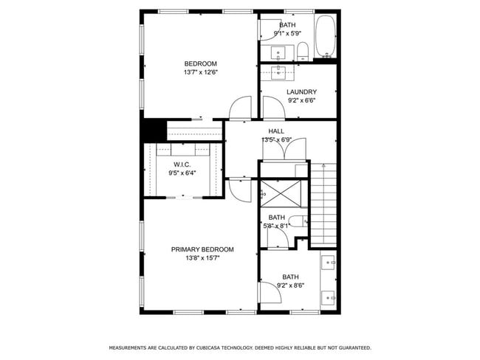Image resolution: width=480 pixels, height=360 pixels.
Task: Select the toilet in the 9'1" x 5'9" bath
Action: pos(302,51)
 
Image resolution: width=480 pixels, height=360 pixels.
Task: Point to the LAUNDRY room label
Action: pos(301,92)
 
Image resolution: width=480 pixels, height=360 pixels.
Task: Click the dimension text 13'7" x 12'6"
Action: pos(201,72)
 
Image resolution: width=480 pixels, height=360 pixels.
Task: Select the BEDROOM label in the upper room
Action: pos(201,63)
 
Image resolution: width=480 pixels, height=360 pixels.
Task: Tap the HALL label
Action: pos(276,131)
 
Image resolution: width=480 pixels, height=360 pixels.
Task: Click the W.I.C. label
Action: pos(182,165)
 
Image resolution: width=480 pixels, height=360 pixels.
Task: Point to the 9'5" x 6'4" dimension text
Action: pos(182,173)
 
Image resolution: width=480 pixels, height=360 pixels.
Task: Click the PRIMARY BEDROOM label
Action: pos(202,249)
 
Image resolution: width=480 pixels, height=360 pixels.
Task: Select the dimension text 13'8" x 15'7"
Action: pos(202,258)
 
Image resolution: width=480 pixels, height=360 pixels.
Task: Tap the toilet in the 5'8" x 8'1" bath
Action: pos(298,221)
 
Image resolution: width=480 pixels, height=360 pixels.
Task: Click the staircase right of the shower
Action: pos(323,204)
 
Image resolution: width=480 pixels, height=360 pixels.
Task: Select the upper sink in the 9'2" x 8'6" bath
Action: pos(329,261)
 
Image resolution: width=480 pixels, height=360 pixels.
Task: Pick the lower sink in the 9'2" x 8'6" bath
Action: pos(329,298)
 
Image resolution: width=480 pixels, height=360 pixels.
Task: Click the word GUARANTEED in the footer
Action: pos(352,347)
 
